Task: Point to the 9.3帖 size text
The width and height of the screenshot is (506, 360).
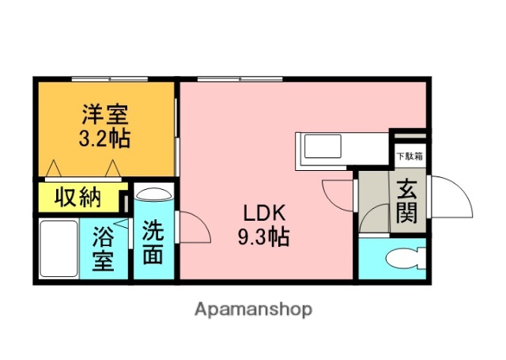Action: pyautogui.click(x=260, y=235)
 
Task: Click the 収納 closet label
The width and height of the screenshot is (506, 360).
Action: pyautogui.click(x=77, y=197)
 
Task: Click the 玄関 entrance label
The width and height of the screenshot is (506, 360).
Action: pyautogui.click(x=408, y=203)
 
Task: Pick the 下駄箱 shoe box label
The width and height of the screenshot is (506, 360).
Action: pyautogui.click(x=409, y=156)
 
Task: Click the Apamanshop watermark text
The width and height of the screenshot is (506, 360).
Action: pyautogui.click(x=253, y=309)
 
